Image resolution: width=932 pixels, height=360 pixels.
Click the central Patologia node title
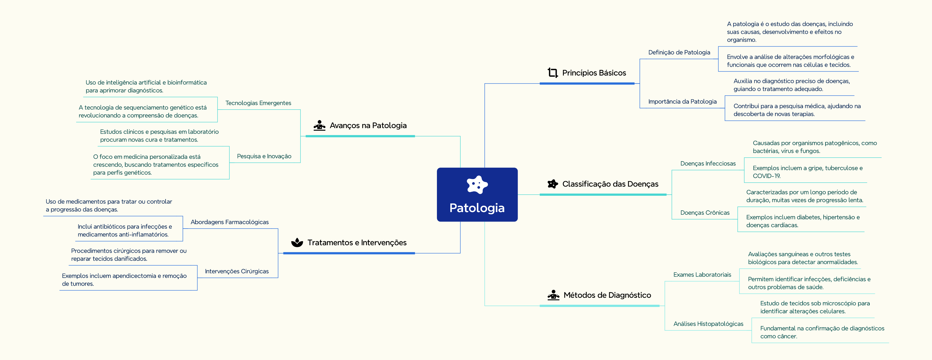point(477,208)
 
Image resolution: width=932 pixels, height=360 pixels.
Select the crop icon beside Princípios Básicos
point(553,73)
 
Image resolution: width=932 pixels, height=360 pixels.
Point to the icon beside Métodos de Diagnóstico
point(553,295)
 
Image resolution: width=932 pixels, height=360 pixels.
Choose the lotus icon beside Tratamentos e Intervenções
point(297,242)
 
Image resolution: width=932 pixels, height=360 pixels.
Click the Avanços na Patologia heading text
point(368,126)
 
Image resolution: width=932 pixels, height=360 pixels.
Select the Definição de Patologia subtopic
point(679,52)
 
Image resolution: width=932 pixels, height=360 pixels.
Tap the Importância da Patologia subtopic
point(682,102)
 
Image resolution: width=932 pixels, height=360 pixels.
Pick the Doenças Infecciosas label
point(708,164)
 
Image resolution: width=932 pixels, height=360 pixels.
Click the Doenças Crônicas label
point(705,213)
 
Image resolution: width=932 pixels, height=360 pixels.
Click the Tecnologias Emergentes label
point(258,103)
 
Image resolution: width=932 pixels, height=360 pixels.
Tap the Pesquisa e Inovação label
point(264,156)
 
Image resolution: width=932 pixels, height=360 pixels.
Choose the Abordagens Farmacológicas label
point(230,222)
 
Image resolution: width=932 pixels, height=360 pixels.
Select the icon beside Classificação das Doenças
point(553,184)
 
